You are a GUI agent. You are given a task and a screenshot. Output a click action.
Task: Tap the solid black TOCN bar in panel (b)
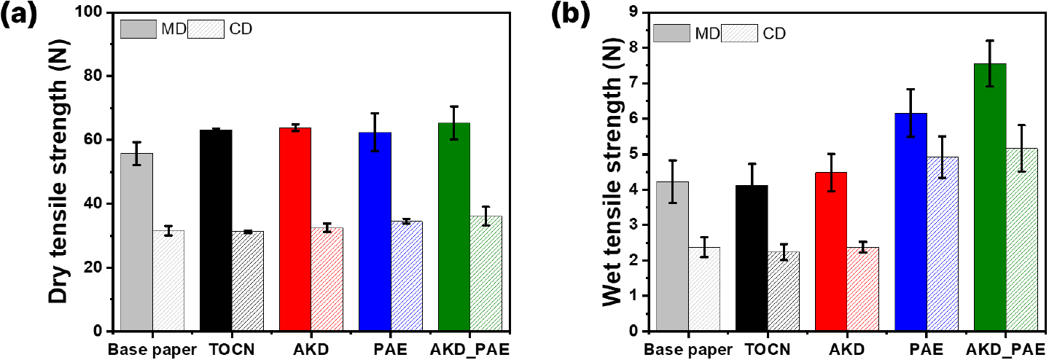click(751, 258)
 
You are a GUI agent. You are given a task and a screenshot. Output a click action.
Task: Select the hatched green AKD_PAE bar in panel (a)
click(485, 273)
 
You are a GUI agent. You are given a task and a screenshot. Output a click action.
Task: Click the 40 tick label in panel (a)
click(94, 204)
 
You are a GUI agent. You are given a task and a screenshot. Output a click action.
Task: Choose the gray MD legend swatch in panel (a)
click(138, 29)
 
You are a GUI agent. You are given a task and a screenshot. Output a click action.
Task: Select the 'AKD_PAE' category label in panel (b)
click(1003, 348)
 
